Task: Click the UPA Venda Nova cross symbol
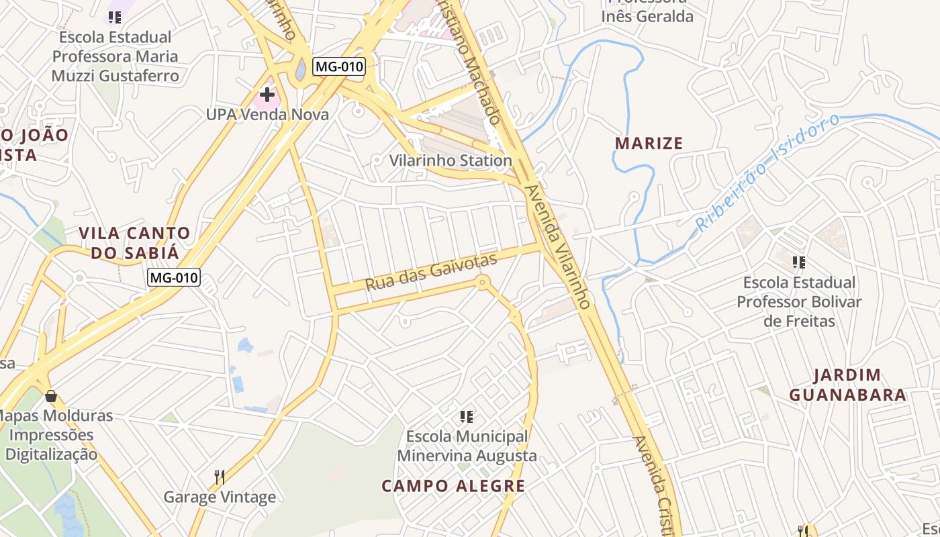[267, 95]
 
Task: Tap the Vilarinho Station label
[451, 161]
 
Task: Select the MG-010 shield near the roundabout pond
[338, 66]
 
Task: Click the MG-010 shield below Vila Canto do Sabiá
[175, 277]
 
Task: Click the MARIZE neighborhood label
[649, 143]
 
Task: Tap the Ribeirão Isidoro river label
[767, 173]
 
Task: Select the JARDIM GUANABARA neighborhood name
[847, 385]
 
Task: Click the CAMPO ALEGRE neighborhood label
[453, 486]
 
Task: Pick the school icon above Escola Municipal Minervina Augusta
[467, 417]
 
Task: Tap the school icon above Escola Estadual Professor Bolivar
[798, 262]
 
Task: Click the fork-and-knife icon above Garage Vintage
[219, 477]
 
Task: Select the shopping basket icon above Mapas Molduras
[50, 396]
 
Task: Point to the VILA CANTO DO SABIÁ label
[134, 243]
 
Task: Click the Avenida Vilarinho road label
[559, 246]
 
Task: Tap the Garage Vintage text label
[220, 497]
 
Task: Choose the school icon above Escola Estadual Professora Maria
[115, 17]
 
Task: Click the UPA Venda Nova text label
[267, 115]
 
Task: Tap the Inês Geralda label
[647, 17]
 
